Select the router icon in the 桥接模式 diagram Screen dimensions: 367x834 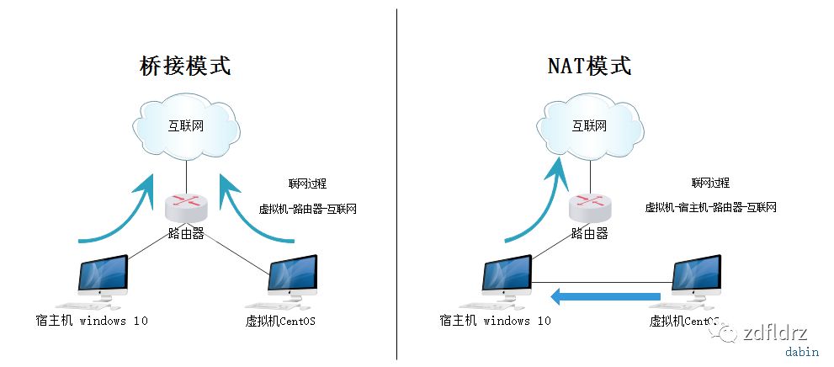point(186,204)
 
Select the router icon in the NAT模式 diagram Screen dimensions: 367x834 point(589,204)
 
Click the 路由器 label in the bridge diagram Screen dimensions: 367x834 point(186,233)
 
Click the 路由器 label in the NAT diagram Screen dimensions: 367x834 point(589,233)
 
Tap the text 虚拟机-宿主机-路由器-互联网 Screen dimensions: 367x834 point(710,207)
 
